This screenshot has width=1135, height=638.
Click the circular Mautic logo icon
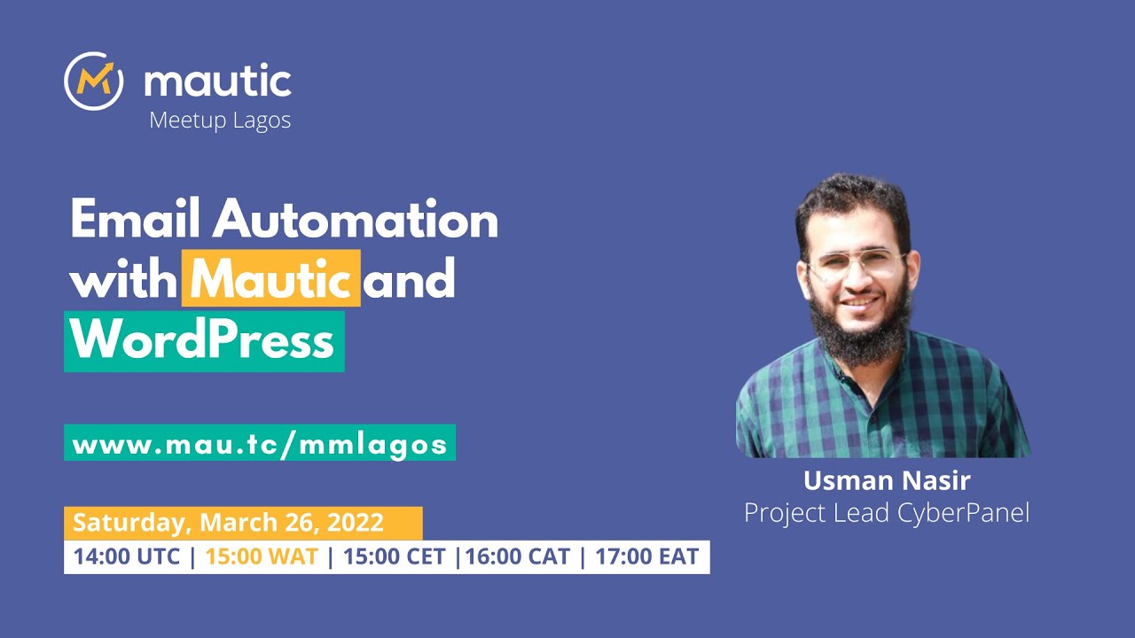click(93, 82)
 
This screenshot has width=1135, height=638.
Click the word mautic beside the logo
click(217, 82)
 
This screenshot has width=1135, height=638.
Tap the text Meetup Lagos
click(220, 120)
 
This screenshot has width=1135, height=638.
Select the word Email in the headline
click(134, 219)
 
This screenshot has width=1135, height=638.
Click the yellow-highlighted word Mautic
click(270, 278)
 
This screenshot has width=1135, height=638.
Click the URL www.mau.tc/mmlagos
click(260, 443)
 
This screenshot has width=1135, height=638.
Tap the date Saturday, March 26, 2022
click(228, 522)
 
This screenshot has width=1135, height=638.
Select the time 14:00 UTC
click(127, 557)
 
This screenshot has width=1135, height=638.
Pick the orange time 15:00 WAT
click(262, 557)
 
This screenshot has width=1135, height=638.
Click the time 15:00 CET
click(395, 557)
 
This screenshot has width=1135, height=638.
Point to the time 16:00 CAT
click(519, 557)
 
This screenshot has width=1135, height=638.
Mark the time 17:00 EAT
click(646, 557)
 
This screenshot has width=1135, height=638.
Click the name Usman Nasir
click(887, 481)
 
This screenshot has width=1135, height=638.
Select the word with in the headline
click(122, 278)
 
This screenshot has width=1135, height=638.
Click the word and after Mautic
click(409, 278)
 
